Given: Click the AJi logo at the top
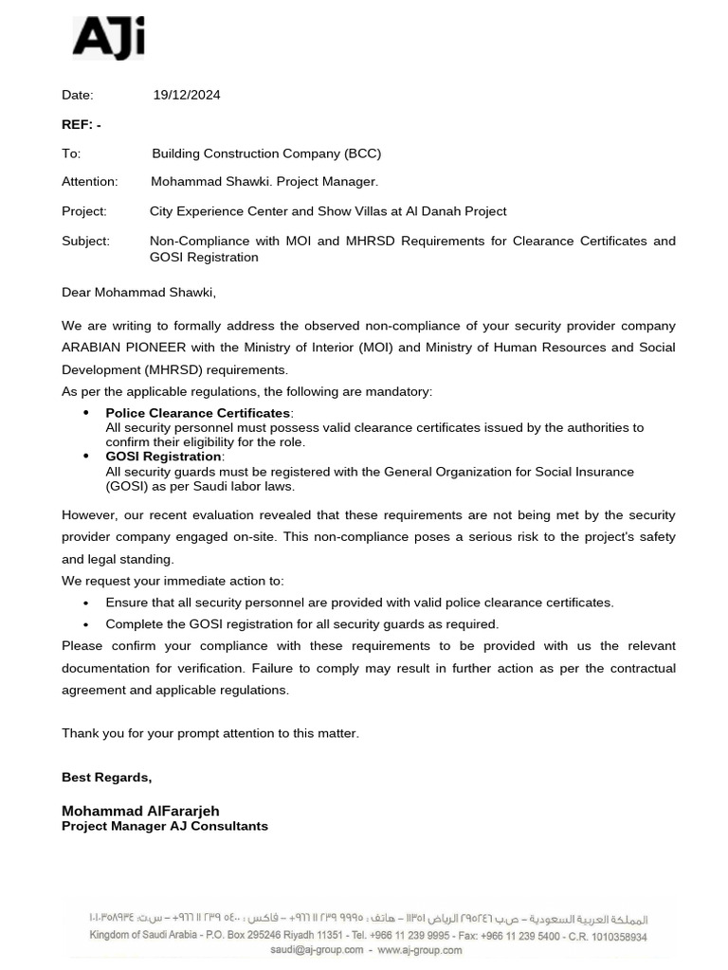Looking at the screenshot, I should (x=108, y=40).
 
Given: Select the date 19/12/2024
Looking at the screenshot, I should (x=187, y=95).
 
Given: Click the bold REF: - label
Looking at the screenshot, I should (x=82, y=124).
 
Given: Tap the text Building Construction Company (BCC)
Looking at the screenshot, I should (x=266, y=153).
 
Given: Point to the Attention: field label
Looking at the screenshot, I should (x=90, y=181).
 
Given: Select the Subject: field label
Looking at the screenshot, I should (x=85, y=241).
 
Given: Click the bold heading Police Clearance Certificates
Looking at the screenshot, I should (x=198, y=413).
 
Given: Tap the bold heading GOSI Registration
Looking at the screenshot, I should (x=163, y=457).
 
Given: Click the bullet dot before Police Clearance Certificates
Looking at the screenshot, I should (x=86, y=413).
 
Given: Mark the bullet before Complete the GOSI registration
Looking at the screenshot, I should (x=86, y=625).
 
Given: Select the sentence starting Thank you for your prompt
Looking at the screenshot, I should (x=210, y=733).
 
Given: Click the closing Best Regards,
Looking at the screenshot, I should (x=106, y=777).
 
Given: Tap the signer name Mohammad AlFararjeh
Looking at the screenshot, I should (x=140, y=811).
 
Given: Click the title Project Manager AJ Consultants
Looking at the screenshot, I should (x=165, y=826).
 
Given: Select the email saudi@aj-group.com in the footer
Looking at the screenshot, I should (x=317, y=950).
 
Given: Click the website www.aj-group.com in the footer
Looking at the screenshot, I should (x=420, y=950).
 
